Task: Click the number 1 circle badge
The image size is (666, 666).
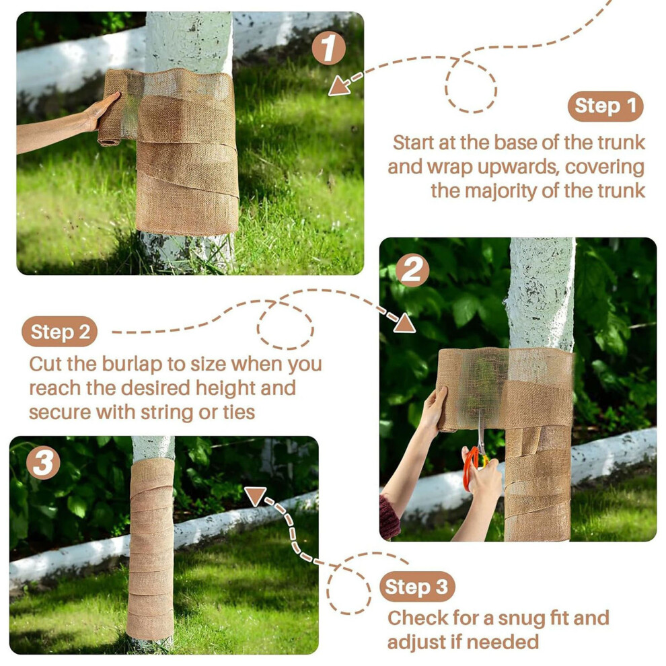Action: click(328, 48)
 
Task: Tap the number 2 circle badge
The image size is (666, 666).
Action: click(412, 270)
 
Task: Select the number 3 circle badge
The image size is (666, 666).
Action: click(43, 463)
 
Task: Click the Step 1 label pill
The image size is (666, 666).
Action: click(605, 106)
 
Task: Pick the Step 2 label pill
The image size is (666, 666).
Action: click(59, 332)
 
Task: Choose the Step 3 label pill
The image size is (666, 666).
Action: click(417, 587)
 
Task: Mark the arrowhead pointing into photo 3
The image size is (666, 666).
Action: click(255, 496)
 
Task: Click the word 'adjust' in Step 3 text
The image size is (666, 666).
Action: click(416, 642)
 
